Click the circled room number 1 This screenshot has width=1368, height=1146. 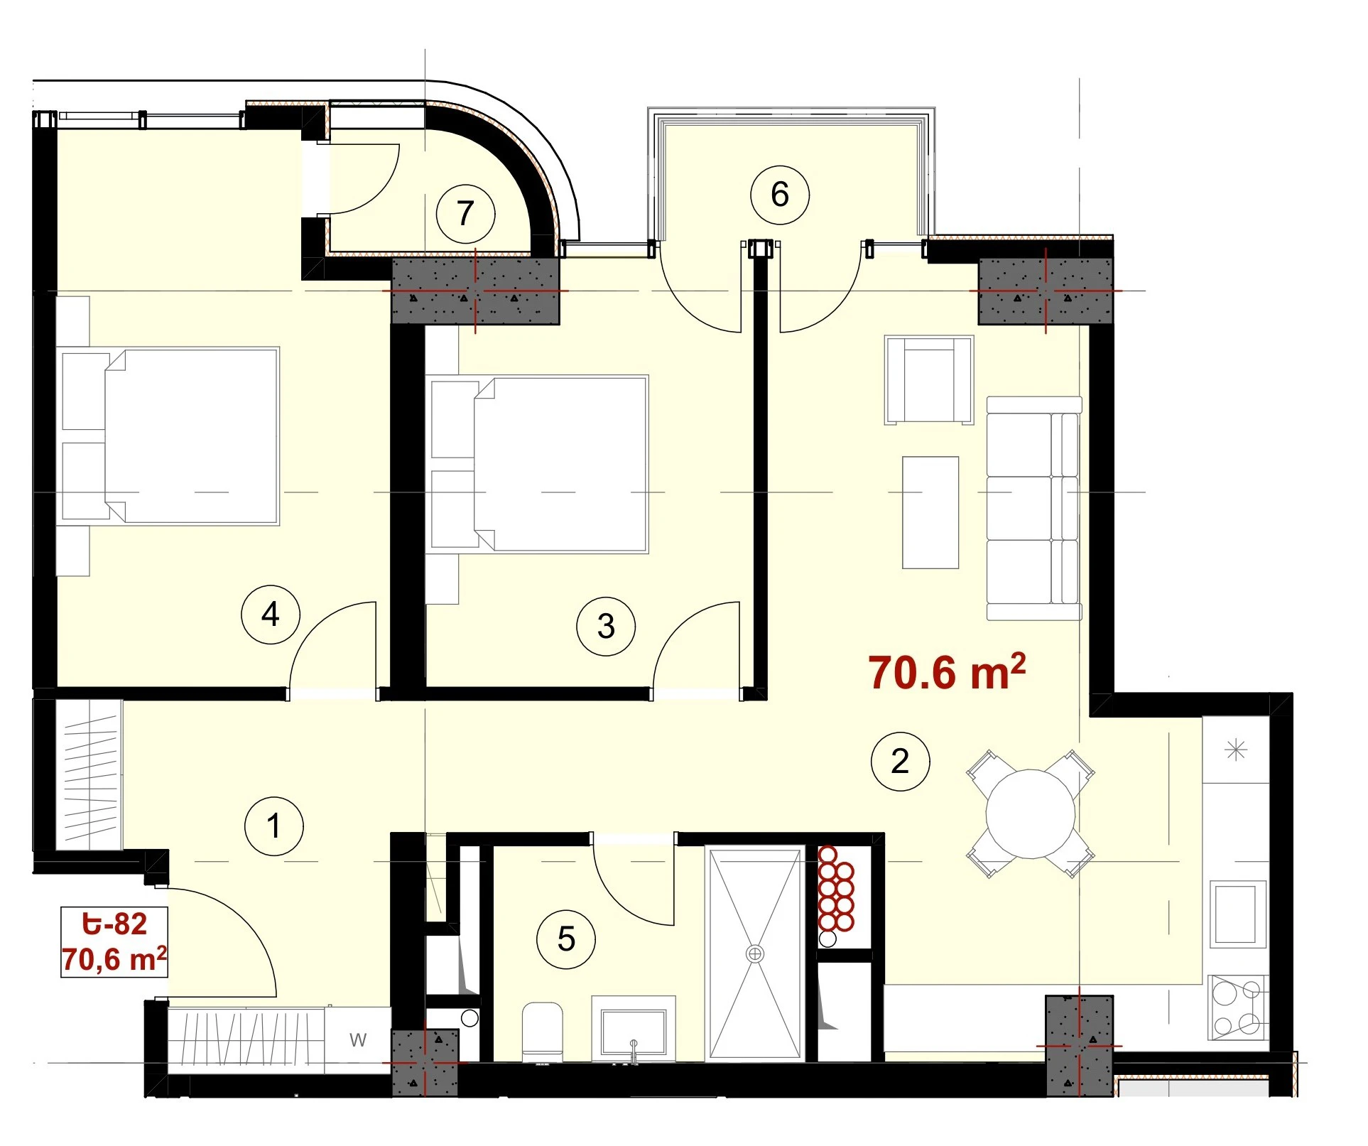[x=274, y=826]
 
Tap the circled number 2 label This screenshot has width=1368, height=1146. [x=901, y=762]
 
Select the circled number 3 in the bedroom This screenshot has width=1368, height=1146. [x=606, y=626]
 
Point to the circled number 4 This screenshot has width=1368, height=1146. [x=271, y=615]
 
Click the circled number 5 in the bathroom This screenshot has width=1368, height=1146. [x=566, y=939]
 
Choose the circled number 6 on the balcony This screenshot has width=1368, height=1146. [x=780, y=195]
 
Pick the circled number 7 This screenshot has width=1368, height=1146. [x=465, y=213]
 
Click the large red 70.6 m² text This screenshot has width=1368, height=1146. [x=947, y=671]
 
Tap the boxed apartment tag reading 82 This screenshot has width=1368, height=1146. [x=114, y=942]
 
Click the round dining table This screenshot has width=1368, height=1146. [x=1031, y=814]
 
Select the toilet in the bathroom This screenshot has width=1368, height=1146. [x=543, y=1032]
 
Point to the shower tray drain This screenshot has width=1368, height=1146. [x=755, y=953]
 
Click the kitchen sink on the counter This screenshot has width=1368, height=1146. [x=1238, y=914]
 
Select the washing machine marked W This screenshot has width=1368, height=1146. [x=358, y=1040]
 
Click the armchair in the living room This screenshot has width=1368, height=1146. [x=929, y=380]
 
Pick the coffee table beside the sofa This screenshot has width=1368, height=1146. [x=930, y=512]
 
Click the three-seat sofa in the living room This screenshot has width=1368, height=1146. [x=1034, y=508]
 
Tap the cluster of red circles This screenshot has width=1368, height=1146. [x=835, y=889]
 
